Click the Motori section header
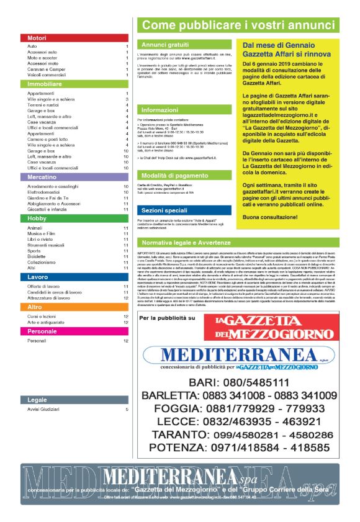coord(37,38)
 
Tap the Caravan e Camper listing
coord(47,69)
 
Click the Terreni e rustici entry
coord(43,104)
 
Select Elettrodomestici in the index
coord(45,192)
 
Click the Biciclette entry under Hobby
coord(38,256)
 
